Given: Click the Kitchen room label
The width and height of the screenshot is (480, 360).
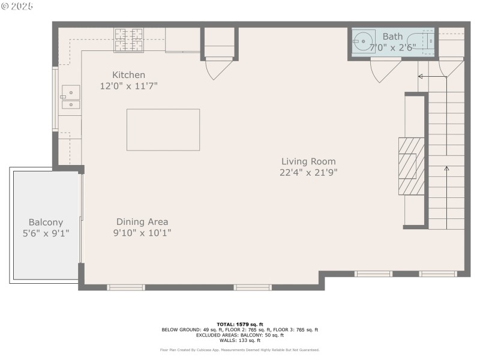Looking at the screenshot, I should [x=128, y=75].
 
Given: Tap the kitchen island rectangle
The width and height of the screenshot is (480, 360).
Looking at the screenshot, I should [x=163, y=130].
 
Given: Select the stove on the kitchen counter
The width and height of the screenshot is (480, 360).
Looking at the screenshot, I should [x=129, y=39].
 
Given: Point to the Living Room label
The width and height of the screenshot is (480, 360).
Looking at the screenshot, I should [x=308, y=161].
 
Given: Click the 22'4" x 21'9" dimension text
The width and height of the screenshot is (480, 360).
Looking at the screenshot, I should [x=308, y=173].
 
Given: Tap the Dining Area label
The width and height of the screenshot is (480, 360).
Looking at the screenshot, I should [x=142, y=221].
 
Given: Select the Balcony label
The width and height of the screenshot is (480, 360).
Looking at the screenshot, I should [x=46, y=222].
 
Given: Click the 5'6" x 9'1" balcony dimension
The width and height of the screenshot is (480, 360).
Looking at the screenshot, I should [x=46, y=233].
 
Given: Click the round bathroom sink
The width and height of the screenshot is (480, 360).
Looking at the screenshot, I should [x=364, y=42].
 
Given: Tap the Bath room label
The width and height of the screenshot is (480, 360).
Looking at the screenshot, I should [x=393, y=37].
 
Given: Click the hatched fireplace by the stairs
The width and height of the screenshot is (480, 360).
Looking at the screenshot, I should [x=412, y=165].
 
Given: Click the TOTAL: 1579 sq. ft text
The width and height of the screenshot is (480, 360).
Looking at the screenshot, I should [x=239, y=324].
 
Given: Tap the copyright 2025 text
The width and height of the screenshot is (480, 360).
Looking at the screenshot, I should [x=17, y=6].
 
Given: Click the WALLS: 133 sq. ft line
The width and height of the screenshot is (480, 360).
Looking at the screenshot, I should [x=239, y=340].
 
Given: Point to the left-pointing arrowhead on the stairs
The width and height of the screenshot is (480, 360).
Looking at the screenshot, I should [x=421, y=76].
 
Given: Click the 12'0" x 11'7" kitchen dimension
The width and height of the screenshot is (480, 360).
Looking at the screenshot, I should [x=128, y=86].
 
